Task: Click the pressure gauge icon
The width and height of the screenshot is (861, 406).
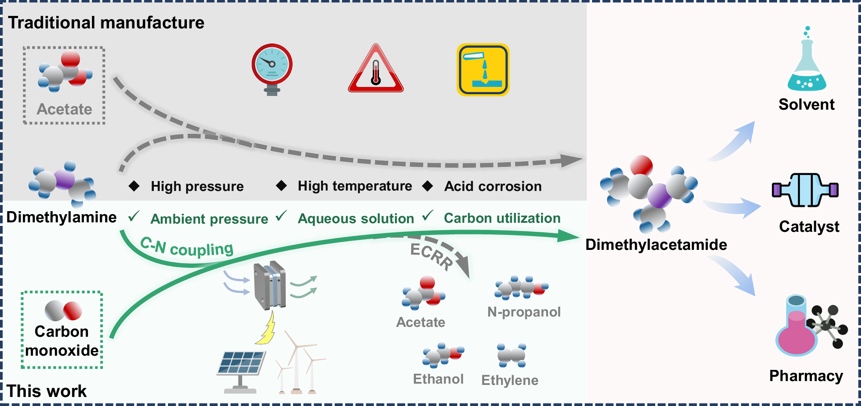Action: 272,67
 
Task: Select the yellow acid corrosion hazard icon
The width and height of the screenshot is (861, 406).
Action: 483,70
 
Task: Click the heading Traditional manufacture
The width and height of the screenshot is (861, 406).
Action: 106,23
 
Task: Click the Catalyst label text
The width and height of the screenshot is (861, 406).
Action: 809,227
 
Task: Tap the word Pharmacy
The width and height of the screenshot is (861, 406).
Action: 806,376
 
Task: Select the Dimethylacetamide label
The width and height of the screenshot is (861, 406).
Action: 656,245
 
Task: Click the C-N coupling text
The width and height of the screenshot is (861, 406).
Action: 187,248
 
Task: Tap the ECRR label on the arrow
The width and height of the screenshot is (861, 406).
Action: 431,256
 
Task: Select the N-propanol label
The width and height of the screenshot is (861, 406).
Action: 524,312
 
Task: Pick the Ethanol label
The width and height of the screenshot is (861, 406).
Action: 438,379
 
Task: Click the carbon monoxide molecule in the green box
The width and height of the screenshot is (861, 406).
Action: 63,311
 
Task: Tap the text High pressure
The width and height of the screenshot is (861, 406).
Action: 197,186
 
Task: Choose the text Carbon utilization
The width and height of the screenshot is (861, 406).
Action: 502,218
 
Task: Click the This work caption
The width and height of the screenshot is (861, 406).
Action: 47,391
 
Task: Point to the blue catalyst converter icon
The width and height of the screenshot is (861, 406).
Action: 805,190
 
